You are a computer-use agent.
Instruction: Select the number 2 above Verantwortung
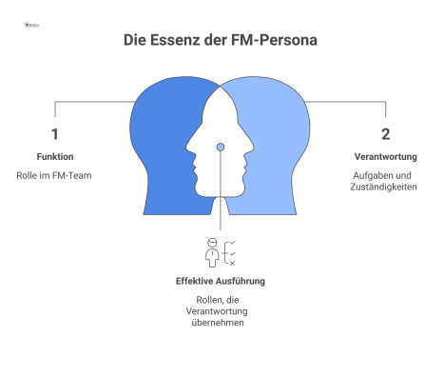click(x=385, y=134)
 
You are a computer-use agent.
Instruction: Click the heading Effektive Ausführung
click(x=221, y=282)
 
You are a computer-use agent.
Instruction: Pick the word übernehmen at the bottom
click(x=221, y=324)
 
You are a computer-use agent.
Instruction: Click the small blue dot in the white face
click(x=221, y=147)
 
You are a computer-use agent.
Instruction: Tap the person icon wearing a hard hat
click(x=212, y=250)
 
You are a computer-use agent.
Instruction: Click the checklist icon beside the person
click(x=231, y=251)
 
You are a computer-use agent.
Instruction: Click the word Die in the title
click(x=137, y=42)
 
